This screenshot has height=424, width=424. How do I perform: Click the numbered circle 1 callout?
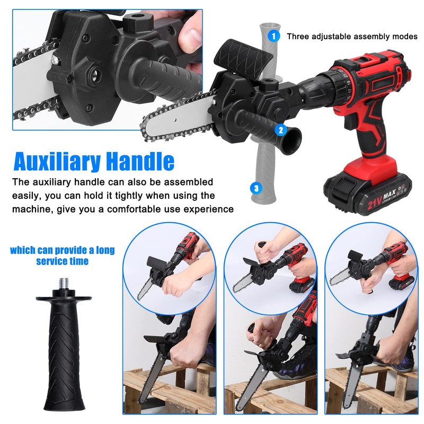273,37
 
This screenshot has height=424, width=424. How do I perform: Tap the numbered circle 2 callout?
281,129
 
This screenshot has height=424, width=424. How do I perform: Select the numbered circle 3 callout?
257,188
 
